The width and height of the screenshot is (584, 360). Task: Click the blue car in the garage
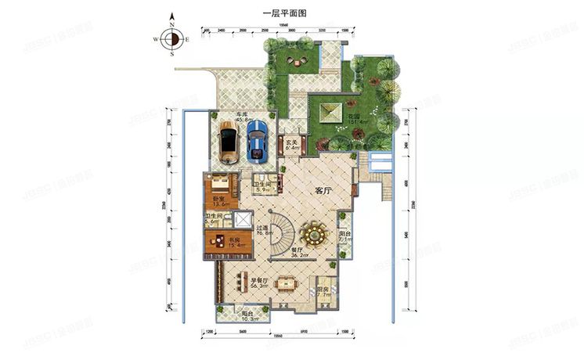[258, 141]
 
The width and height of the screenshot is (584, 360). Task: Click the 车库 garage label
[252, 115]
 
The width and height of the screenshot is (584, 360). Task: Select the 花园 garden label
[355, 116]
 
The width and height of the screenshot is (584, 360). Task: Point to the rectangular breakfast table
[290, 283]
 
